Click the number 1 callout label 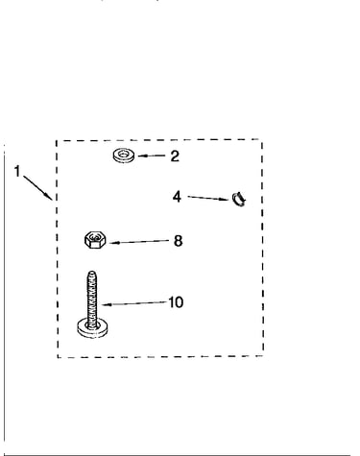click(17, 171)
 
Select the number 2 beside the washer click(175, 156)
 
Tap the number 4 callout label click(177, 197)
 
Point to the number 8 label click(179, 241)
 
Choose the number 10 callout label click(176, 302)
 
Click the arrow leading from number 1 click(37, 187)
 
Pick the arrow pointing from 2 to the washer click(152, 156)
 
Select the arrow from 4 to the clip click(208, 198)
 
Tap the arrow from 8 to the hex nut click(139, 242)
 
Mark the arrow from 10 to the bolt click(134, 303)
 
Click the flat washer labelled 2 click(124, 156)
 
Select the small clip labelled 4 click(239, 199)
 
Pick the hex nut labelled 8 click(96, 240)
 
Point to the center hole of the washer click(124, 155)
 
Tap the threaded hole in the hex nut click(95, 237)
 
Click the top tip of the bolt click(92, 272)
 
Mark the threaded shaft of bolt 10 click(92, 298)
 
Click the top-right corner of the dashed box click(262, 139)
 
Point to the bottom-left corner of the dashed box click(58, 357)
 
